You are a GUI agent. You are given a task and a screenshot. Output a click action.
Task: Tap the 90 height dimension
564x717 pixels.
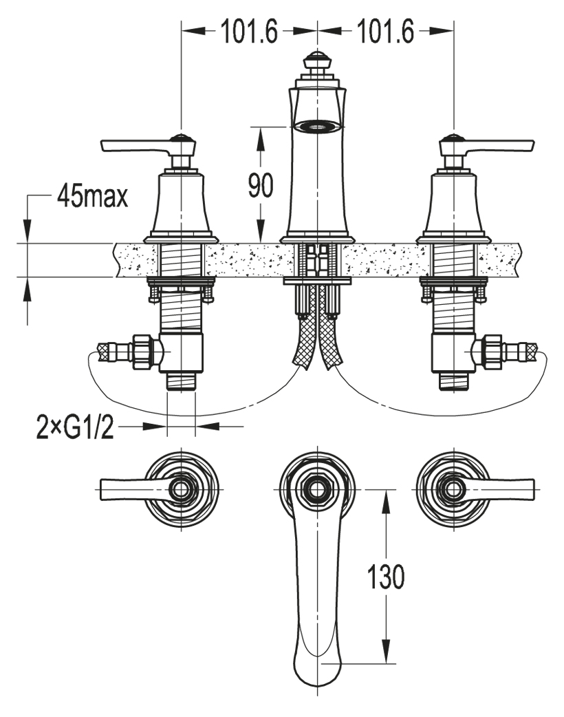[261, 184]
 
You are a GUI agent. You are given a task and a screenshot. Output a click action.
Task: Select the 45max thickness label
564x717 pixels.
[93, 198]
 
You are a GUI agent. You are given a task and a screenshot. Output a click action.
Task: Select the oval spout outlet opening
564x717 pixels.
[317, 125]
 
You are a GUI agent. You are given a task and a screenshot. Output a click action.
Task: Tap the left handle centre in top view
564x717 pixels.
[181, 489]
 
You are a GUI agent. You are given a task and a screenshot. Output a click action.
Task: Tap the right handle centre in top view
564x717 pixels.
[453, 489]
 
